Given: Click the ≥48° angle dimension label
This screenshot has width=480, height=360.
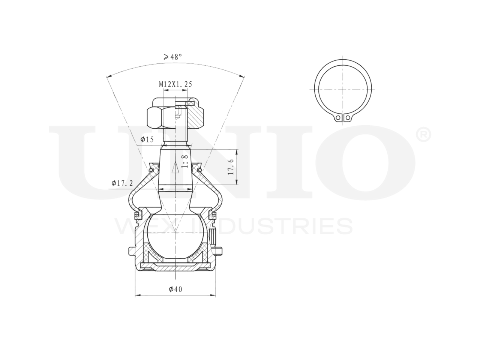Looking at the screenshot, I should click(x=172, y=57).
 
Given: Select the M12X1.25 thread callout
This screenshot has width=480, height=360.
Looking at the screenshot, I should click(x=175, y=85).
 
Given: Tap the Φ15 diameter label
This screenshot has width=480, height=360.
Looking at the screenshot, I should click(x=147, y=140).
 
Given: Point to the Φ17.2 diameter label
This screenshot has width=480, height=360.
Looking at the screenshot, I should click(x=122, y=183).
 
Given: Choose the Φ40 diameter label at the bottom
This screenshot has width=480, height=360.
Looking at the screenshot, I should click(x=175, y=289).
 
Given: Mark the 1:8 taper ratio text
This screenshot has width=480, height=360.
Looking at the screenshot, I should click(x=184, y=162).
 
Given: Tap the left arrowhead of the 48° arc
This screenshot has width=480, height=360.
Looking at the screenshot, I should click(x=109, y=77).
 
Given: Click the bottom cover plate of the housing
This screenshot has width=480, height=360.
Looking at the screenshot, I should click(x=175, y=267).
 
